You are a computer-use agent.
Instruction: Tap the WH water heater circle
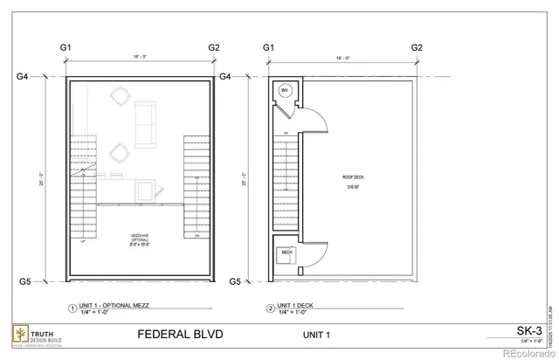(x=285, y=92)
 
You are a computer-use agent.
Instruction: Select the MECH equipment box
(x=286, y=253)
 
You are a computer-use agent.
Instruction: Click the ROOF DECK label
(x=354, y=177)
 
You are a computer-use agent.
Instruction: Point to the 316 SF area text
(x=354, y=187)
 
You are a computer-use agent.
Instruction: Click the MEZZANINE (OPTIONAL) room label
(x=140, y=241)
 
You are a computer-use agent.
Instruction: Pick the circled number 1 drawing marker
(x=72, y=308)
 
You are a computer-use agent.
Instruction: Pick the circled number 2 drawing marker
(x=270, y=308)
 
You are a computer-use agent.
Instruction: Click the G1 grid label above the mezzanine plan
(x=66, y=46)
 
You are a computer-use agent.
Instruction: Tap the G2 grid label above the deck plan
(x=417, y=46)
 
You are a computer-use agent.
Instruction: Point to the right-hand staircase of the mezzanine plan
(x=197, y=186)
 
